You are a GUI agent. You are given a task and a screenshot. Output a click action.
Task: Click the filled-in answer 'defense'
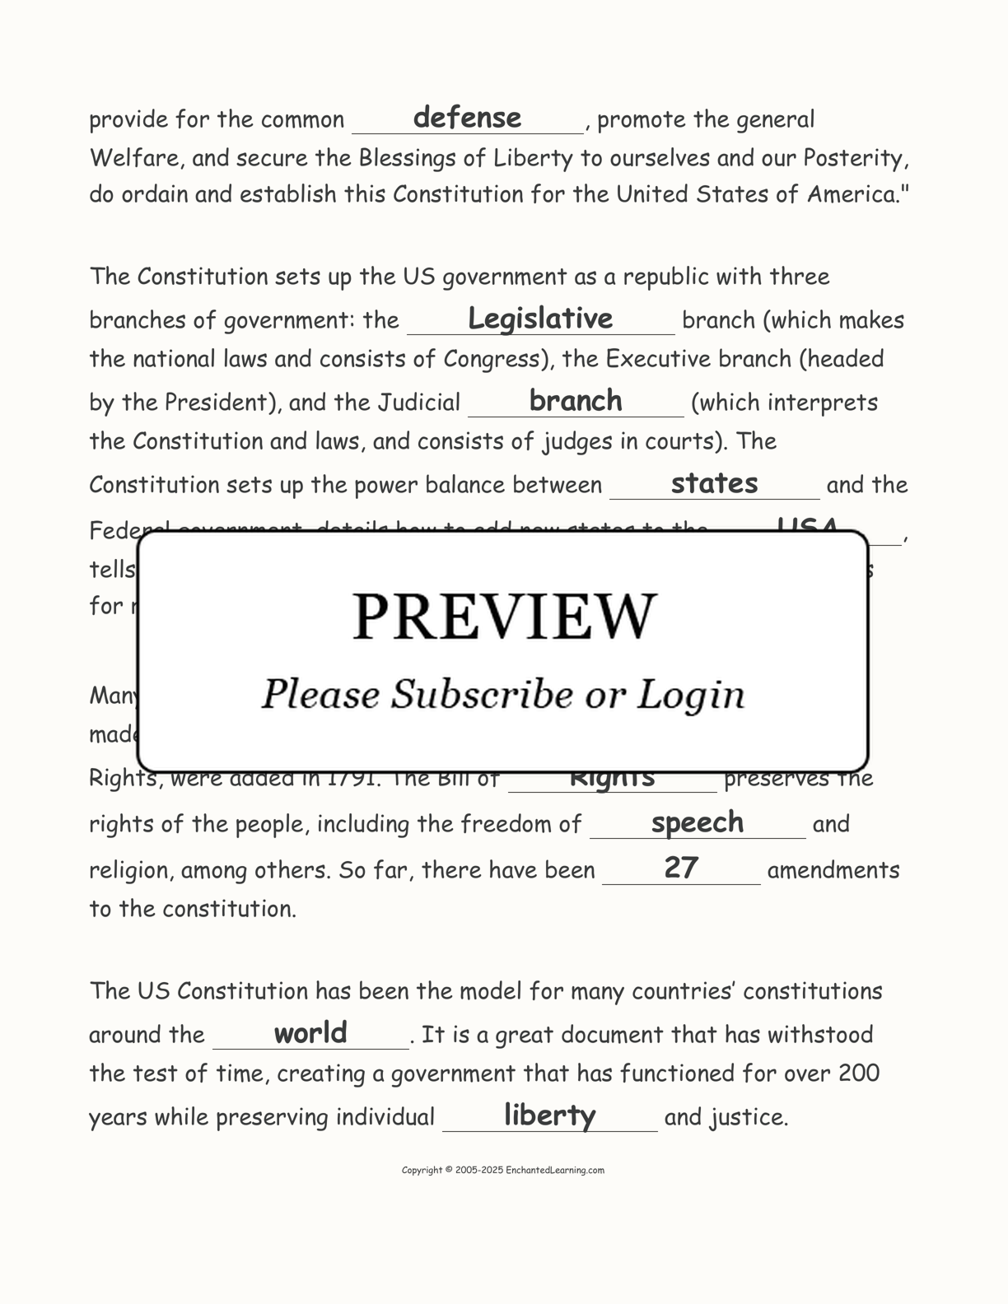click(467, 118)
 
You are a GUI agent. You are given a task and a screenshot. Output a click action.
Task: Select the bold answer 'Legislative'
click(540, 319)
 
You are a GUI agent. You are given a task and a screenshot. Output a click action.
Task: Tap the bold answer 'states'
click(714, 483)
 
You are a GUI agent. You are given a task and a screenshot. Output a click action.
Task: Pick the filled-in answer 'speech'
click(697, 822)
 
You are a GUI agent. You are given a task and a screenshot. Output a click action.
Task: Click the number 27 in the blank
click(681, 868)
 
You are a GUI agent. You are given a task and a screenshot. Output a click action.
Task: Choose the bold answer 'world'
click(310, 1032)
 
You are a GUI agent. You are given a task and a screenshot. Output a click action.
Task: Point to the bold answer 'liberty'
click(549, 1115)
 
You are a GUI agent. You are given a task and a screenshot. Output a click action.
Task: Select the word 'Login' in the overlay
click(691, 696)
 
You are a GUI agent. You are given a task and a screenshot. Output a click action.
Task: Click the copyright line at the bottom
click(503, 1170)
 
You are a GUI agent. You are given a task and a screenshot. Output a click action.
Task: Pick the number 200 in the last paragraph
click(859, 1073)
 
